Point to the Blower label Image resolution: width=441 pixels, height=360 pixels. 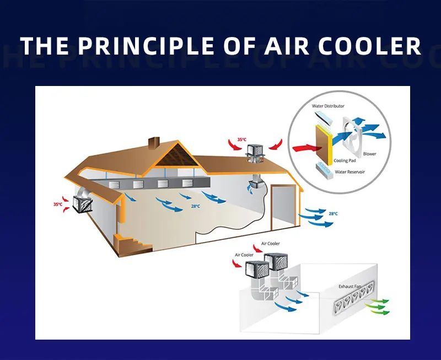pos(370,154)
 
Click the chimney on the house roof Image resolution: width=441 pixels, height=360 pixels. pos(154,142)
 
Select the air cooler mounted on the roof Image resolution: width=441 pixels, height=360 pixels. pos(255,150)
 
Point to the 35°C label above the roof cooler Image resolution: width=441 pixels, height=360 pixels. pos(241,140)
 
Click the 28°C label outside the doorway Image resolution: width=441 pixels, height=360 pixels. pos(333,213)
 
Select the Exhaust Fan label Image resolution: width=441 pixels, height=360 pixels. pos(350,287)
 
